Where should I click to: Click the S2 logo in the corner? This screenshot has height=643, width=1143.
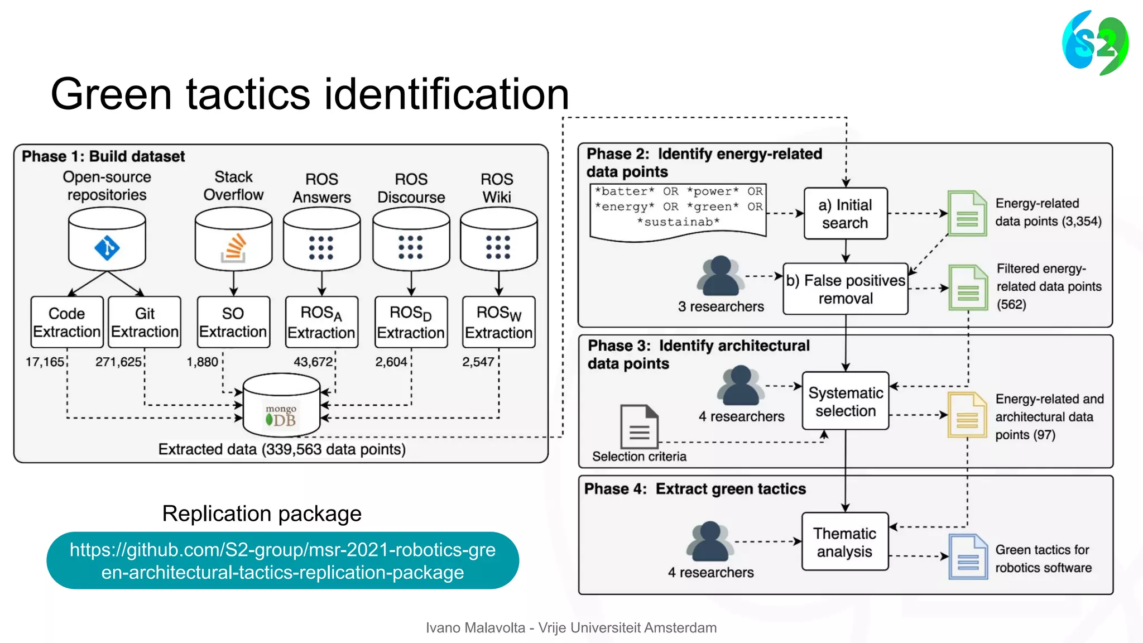[x=1094, y=43]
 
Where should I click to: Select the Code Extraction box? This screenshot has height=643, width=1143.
[x=67, y=323]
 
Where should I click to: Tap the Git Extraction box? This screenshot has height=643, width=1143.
[x=145, y=323]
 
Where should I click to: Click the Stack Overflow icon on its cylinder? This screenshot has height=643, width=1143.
[x=234, y=248]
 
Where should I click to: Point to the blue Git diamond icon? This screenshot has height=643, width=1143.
[x=107, y=248]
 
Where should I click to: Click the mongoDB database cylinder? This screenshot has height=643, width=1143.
[x=281, y=406]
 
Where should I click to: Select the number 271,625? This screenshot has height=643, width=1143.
[x=118, y=362]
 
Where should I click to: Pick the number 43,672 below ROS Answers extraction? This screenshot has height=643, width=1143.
[x=313, y=362]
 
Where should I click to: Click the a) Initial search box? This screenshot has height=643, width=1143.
[x=845, y=214]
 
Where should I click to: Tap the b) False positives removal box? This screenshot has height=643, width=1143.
[x=845, y=289]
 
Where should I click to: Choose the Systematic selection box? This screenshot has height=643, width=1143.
[x=845, y=401]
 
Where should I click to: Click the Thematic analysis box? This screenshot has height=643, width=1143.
[x=844, y=542]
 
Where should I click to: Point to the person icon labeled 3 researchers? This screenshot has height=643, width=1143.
[x=720, y=276]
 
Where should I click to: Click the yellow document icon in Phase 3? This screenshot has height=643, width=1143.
[x=967, y=415]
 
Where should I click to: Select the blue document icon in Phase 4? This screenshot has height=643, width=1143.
[x=968, y=556]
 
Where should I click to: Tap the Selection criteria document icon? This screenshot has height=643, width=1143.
[x=639, y=426]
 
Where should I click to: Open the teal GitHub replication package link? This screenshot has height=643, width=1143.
[x=282, y=560]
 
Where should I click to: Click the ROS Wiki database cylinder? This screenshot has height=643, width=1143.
[x=498, y=239]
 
